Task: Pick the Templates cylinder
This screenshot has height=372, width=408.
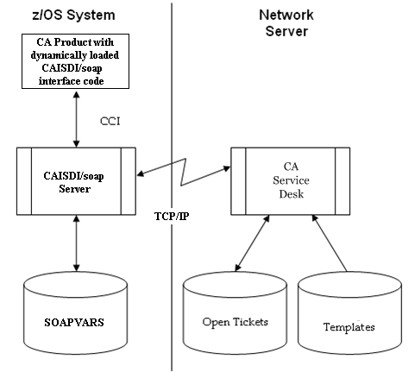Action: (x=348, y=319)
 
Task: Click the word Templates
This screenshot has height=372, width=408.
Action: (x=348, y=327)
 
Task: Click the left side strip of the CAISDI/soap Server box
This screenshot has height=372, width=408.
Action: (x=25, y=182)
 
